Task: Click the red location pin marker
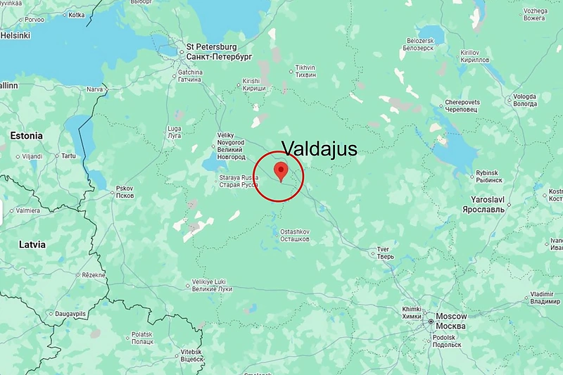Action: click(281, 171)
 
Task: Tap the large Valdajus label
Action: click(319, 148)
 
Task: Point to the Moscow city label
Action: click(451, 321)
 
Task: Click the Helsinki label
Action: click(15, 35)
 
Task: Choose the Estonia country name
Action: click(26, 135)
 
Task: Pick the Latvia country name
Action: click(32, 244)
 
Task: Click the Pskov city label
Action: click(125, 191)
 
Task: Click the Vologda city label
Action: click(524, 100)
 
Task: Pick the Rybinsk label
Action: click(487, 176)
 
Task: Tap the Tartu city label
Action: click(68, 155)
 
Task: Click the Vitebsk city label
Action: click(191, 355)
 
